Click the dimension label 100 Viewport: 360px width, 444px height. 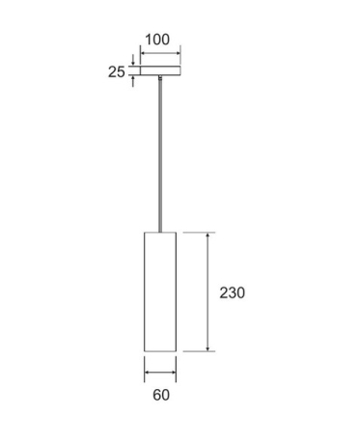157,40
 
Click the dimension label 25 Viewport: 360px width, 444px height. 116,71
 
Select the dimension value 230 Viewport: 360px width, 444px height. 232,292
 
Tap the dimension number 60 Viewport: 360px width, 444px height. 161,395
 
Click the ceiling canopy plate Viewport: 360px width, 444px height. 160,70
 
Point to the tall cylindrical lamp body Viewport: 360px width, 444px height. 160,291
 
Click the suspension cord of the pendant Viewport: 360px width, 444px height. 160,155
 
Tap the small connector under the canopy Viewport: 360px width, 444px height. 160,77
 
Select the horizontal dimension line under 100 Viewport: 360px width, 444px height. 160,53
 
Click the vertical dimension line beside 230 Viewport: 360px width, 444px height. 208,291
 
